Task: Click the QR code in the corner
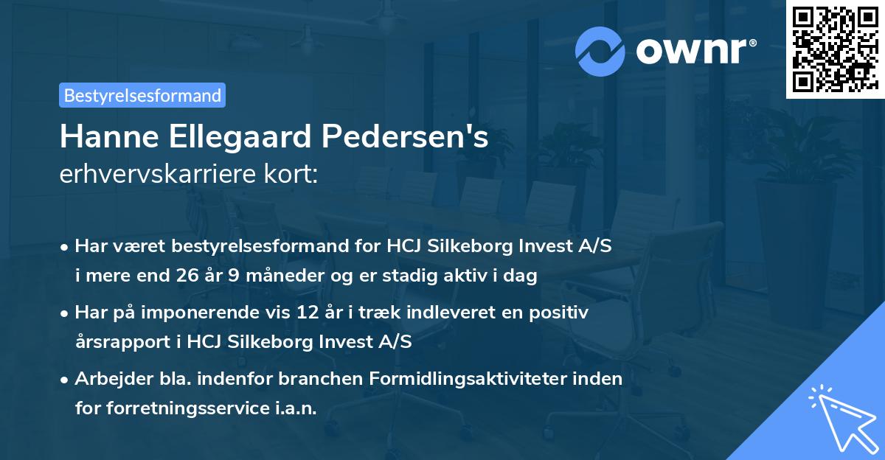[835, 49]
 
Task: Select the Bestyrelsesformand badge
[142, 95]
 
